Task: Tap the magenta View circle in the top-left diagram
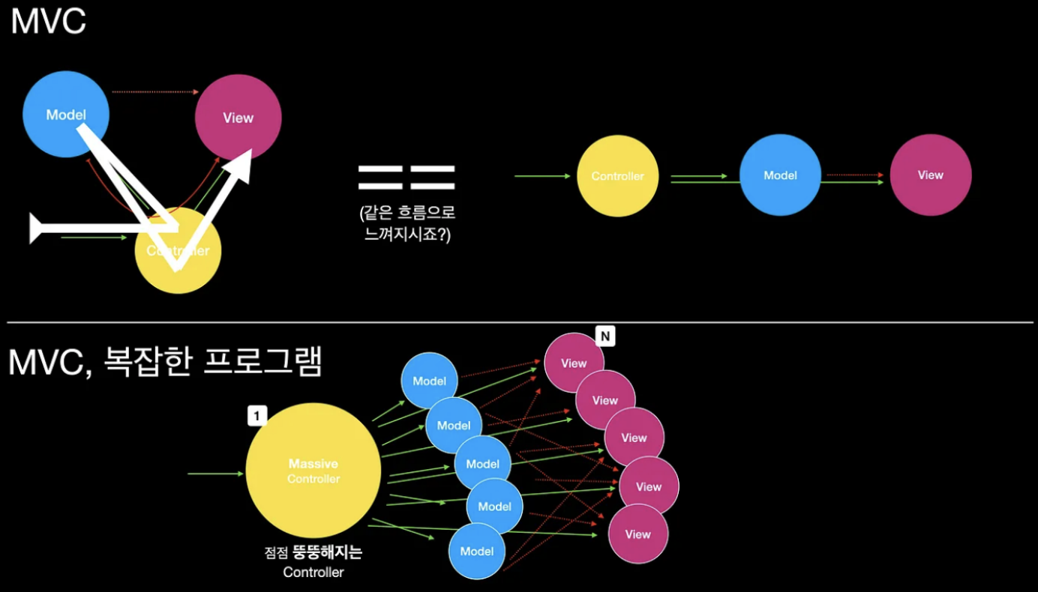pyautogui.click(x=238, y=118)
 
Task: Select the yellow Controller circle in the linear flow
pyautogui.click(x=617, y=176)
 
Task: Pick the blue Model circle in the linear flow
pyautogui.click(x=780, y=175)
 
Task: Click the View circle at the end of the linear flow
pyautogui.click(x=931, y=175)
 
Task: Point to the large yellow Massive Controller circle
pyautogui.click(x=313, y=471)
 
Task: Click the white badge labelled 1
pyautogui.click(x=257, y=416)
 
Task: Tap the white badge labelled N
pyautogui.click(x=605, y=336)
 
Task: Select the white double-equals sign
pyautogui.click(x=406, y=177)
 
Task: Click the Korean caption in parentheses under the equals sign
pyautogui.click(x=407, y=223)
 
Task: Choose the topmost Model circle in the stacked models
pyautogui.click(x=429, y=381)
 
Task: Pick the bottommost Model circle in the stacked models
pyautogui.click(x=476, y=552)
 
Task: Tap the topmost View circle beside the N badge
pyautogui.click(x=574, y=363)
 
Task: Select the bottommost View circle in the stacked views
pyautogui.click(x=637, y=534)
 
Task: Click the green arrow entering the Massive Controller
pyautogui.click(x=215, y=474)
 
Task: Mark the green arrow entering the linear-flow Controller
pyautogui.click(x=542, y=176)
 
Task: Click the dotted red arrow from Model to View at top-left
pyautogui.click(x=154, y=92)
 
